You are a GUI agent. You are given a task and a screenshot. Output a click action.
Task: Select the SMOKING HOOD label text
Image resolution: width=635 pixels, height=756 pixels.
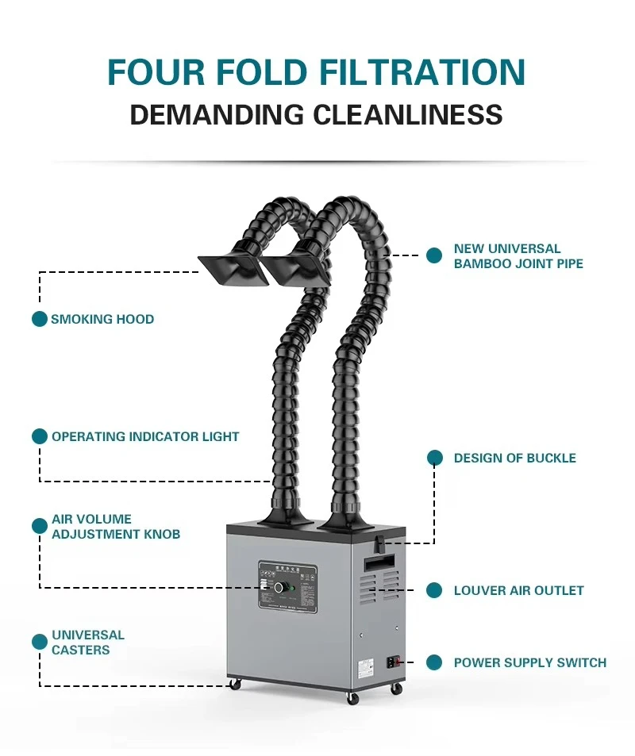[x=102, y=319]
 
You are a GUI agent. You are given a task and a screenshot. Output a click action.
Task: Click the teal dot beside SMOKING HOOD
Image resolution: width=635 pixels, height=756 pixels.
[x=40, y=319]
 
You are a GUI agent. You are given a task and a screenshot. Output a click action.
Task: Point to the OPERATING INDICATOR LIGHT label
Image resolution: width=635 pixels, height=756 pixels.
[x=145, y=436]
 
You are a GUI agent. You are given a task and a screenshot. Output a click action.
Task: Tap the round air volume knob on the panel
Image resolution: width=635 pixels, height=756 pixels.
[x=279, y=588]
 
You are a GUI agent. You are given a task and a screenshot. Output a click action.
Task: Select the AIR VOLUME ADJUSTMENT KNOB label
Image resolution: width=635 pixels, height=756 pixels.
[x=116, y=526]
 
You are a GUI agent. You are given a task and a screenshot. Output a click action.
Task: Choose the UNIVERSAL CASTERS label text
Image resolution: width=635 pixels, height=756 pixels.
[x=88, y=643]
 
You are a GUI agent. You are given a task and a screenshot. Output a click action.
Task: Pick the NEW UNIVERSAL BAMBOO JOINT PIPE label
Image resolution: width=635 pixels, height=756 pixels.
[x=518, y=256]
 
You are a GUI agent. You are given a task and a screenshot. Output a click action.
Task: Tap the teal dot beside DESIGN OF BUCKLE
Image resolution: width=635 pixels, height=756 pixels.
[x=434, y=458]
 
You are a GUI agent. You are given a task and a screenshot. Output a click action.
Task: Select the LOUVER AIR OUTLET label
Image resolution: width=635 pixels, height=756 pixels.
[x=518, y=590]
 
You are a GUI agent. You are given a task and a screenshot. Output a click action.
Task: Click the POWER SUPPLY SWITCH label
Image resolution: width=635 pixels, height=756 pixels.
[x=529, y=662]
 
